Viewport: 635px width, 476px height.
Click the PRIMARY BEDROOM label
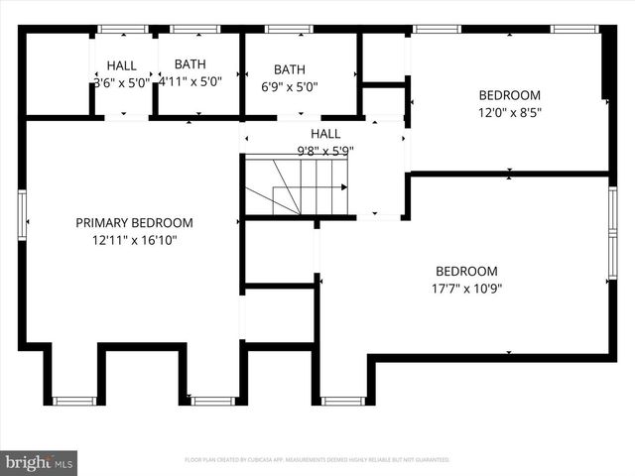click(134, 223)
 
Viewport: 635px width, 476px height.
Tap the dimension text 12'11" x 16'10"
click(134, 240)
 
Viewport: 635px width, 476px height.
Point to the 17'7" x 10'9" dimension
click(466, 289)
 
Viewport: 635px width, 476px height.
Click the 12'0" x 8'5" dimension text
click(509, 112)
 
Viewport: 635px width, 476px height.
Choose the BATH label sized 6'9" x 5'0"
click(290, 69)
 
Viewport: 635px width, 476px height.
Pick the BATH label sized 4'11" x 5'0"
click(190, 65)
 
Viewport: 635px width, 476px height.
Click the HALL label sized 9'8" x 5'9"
click(324, 134)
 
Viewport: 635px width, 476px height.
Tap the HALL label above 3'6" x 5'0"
click(122, 65)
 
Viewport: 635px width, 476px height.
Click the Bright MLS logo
click(40, 462)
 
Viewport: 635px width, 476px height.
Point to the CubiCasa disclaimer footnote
click(317, 460)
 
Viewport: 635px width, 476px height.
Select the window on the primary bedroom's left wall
click(22, 215)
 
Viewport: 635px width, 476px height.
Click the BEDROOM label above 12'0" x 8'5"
click(509, 95)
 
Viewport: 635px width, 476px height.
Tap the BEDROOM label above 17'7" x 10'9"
click(466, 272)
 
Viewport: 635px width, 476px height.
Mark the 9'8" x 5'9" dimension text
click(324, 151)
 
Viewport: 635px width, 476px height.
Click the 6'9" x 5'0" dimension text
click(290, 86)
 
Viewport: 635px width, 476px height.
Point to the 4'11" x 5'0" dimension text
click(190, 82)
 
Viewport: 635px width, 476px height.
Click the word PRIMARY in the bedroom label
click(102, 223)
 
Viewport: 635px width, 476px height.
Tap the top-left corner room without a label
click(57, 75)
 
